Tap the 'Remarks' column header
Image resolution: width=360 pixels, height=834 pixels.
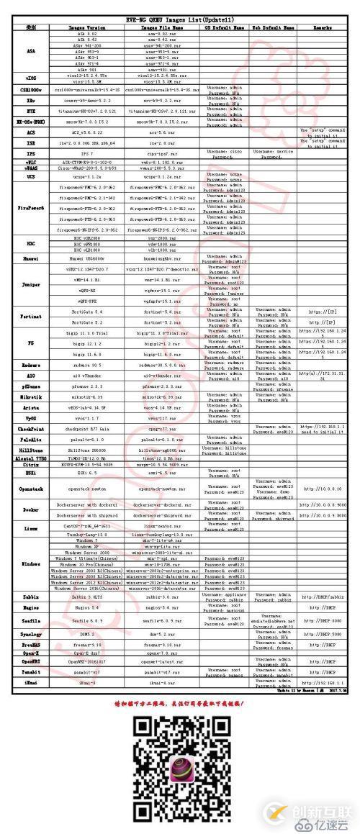pyautogui.click(x=320, y=27)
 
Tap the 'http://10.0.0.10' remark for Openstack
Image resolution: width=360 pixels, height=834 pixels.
pyautogui.click(x=320, y=488)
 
